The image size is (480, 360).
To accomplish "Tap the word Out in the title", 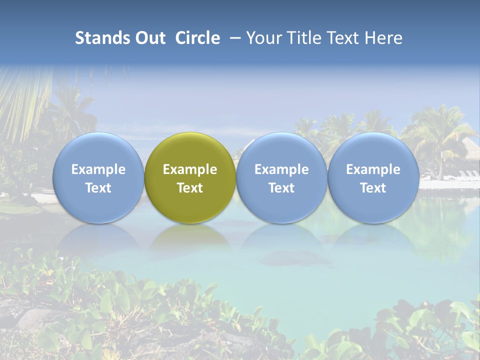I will coord(148,38).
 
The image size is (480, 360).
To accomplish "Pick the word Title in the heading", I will coord(306,38).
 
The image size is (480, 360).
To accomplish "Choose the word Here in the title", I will coord(383,38).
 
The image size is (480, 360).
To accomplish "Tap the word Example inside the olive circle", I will coord(190,169).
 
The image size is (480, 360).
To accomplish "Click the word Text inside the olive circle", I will coord(190,188).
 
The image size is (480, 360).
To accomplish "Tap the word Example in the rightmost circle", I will coord(373,169).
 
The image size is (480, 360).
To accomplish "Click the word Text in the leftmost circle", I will coord(98,188).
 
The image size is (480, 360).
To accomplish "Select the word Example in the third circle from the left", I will coord(281,169).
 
